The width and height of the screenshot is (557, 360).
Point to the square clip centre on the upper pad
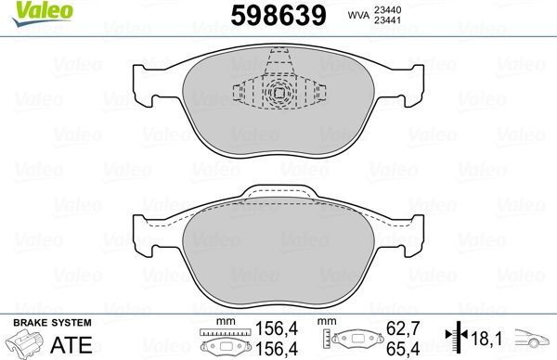click(278, 93)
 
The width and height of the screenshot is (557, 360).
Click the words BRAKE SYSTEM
click(51, 322)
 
